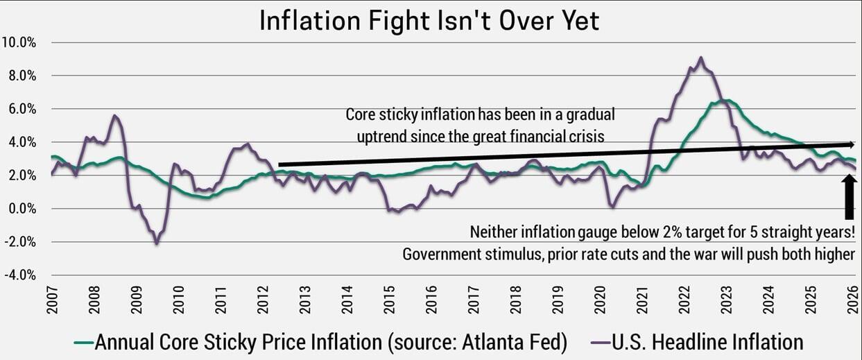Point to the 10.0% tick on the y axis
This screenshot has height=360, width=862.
[x=23, y=42]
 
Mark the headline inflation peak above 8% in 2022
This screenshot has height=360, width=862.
[x=701, y=58]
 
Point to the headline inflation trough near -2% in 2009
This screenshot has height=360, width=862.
[x=157, y=243]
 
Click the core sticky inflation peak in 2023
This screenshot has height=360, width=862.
[x=723, y=101]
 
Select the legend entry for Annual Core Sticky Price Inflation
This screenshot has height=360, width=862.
[x=329, y=341]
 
